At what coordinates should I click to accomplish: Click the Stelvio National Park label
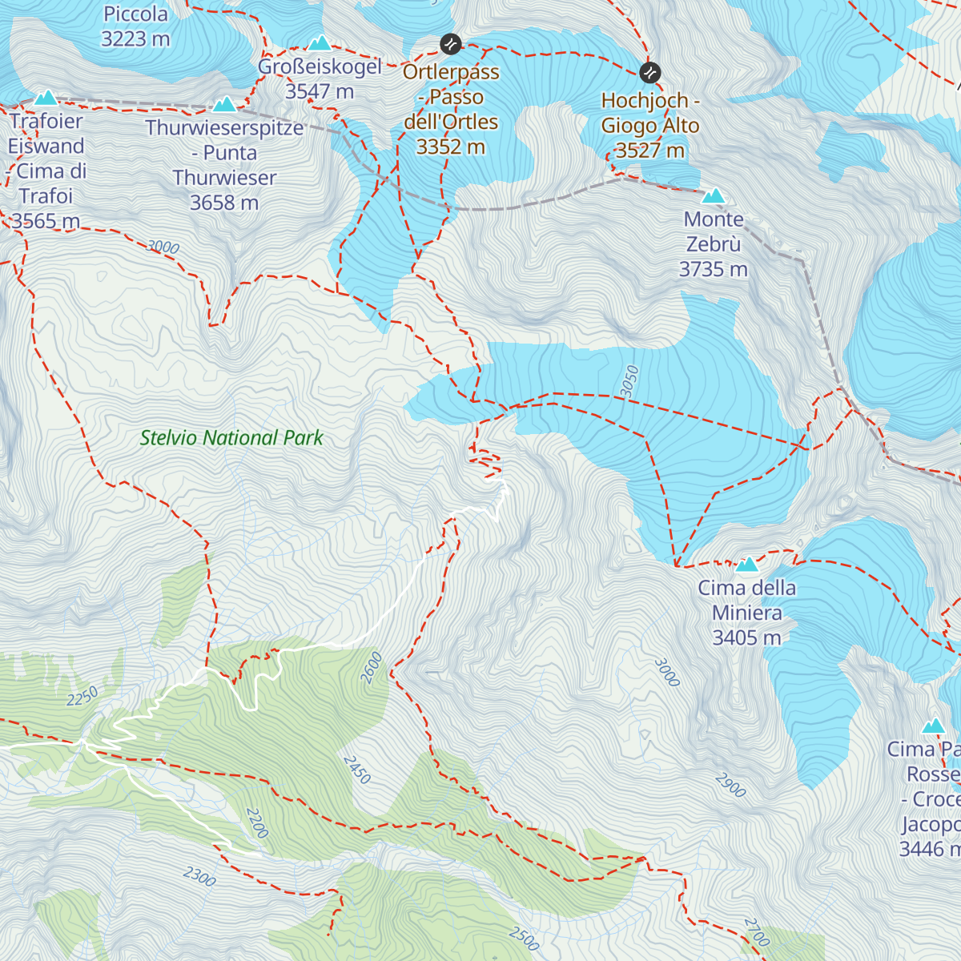(x=231, y=438)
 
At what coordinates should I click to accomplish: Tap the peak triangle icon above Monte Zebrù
(x=713, y=196)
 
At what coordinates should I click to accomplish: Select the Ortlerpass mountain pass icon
(x=451, y=43)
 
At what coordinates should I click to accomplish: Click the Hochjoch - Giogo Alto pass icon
(x=650, y=73)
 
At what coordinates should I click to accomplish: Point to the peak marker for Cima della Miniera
(x=747, y=565)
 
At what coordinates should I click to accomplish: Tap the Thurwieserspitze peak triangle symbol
(x=224, y=105)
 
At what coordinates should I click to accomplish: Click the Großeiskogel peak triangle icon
(x=320, y=43)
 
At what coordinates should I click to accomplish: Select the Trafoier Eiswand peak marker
(x=46, y=99)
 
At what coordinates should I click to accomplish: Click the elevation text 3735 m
(x=713, y=270)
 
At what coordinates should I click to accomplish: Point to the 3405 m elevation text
(x=746, y=638)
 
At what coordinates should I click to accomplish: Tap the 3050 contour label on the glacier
(x=630, y=380)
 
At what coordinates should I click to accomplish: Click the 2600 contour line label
(x=372, y=667)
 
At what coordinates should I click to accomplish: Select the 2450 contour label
(x=357, y=770)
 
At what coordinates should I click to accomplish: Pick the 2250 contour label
(x=82, y=696)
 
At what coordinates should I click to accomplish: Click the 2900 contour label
(x=730, y=786)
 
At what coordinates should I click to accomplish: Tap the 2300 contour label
(x=199, y=877)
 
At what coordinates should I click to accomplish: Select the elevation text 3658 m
(x=224, y=203)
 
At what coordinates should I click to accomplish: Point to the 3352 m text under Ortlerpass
(x=451, y=147)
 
